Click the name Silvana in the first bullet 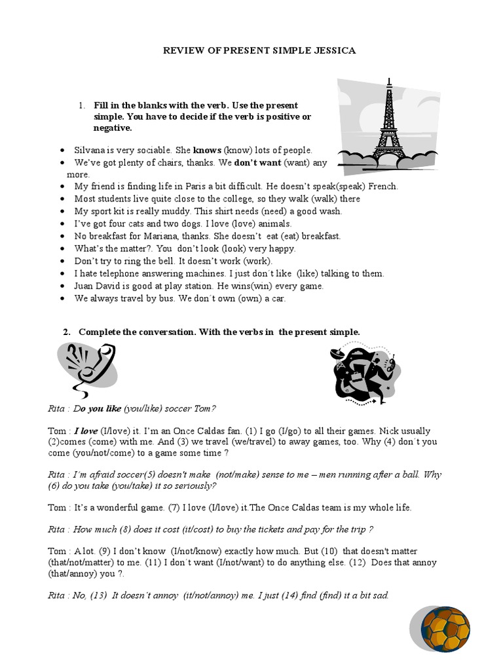pos(90,150)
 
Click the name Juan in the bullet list pos(84,286)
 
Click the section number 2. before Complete pos(67,332)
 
